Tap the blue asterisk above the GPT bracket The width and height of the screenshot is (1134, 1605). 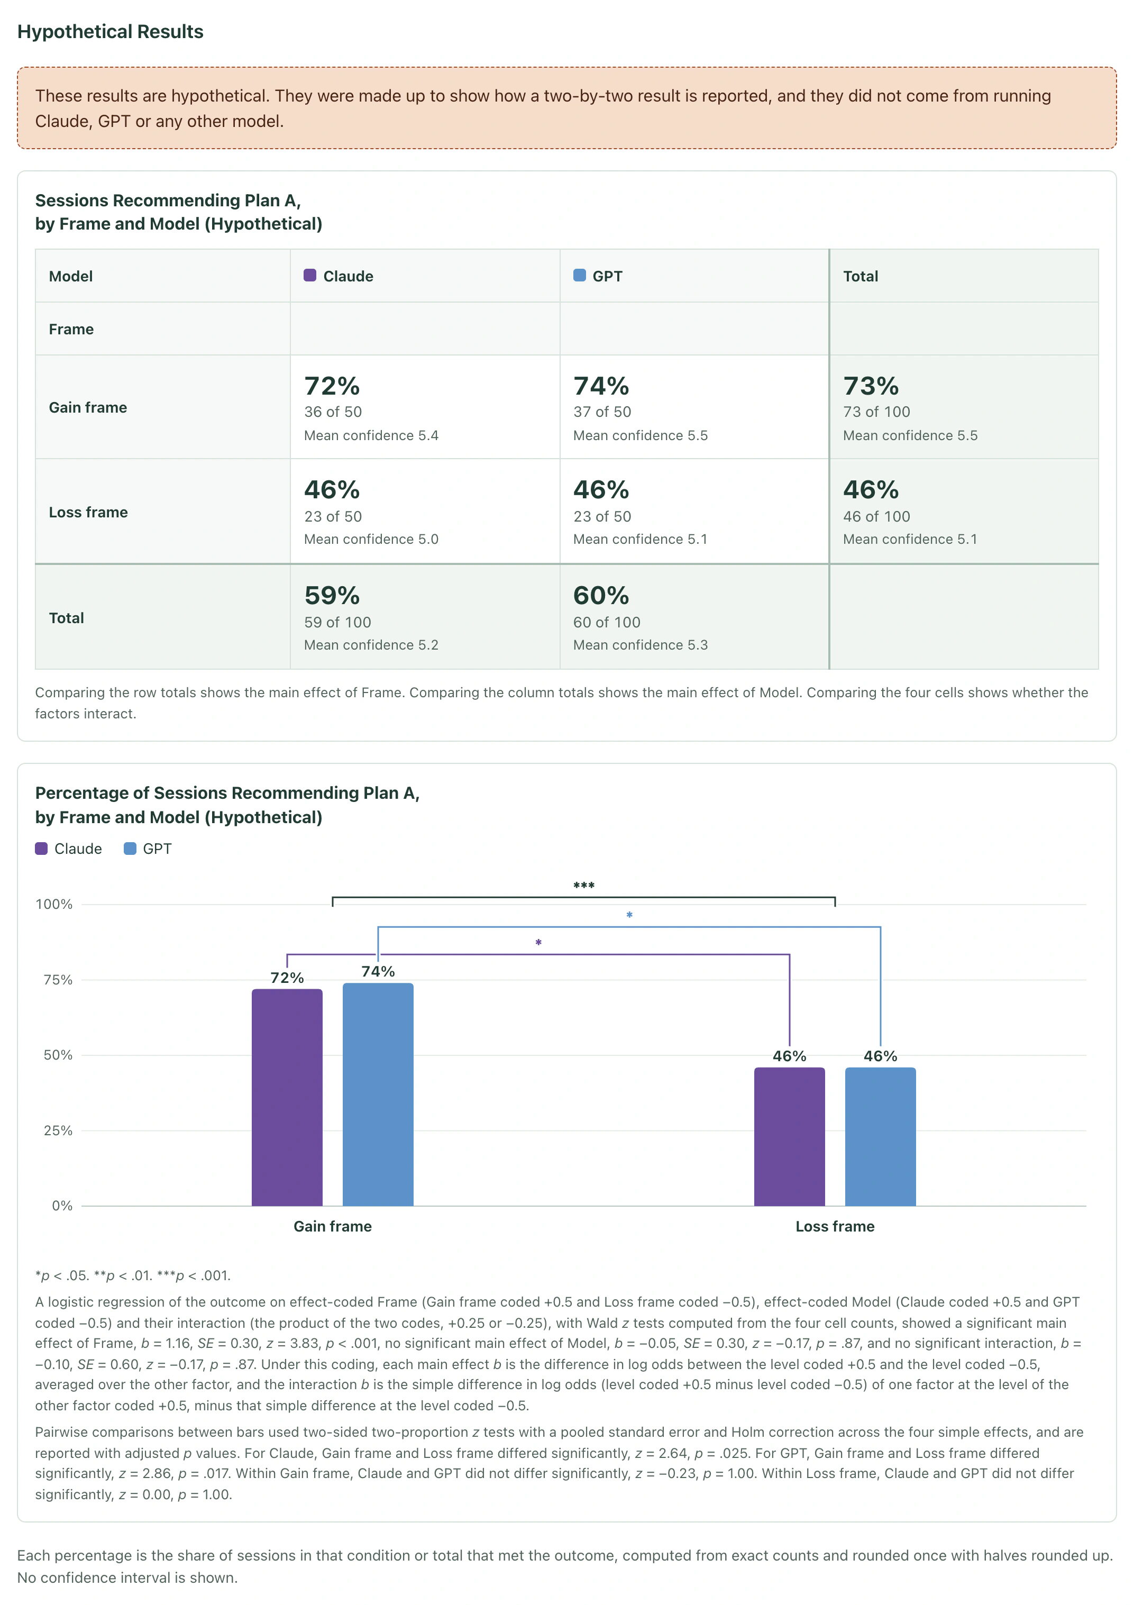click(x=629, y=915)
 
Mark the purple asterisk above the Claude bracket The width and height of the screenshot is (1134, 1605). click(x=538, y=943)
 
